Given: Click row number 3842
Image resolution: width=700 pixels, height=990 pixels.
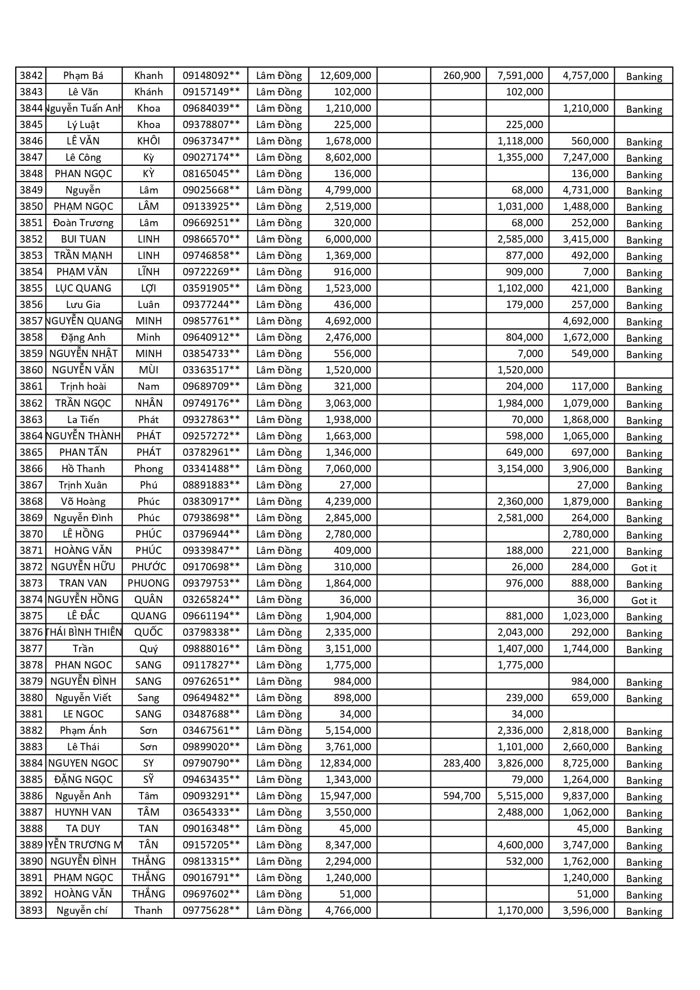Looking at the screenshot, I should [31, 76].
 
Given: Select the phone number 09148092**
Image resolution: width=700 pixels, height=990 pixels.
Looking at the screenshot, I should [211, 76].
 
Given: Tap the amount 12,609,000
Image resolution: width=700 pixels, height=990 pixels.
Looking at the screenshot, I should [345, 76].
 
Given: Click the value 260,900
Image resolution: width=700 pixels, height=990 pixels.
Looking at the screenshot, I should [461, 76].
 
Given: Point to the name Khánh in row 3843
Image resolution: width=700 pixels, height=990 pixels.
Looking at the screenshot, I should [148, 92].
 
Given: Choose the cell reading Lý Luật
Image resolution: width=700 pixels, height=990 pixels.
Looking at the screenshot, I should [83, 125].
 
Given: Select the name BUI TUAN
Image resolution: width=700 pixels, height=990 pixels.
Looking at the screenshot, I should [83, 239].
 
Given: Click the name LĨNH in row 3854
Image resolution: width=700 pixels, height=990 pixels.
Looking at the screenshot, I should [148, 272].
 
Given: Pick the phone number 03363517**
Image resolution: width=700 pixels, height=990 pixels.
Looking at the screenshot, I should [211, 370].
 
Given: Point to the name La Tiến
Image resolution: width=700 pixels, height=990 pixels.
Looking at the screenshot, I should [83, 420].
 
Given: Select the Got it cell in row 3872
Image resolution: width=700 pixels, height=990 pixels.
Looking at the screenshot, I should [644, 568].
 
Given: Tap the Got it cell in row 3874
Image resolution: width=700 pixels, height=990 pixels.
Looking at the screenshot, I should [644, 601].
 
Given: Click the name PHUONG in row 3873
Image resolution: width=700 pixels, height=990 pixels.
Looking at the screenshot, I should [148, 583].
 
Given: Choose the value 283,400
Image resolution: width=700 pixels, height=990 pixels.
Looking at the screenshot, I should [461, 763].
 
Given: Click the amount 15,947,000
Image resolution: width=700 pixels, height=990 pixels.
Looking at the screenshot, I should [345, 796].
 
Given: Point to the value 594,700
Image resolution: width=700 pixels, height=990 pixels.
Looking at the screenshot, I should [461, 796].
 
